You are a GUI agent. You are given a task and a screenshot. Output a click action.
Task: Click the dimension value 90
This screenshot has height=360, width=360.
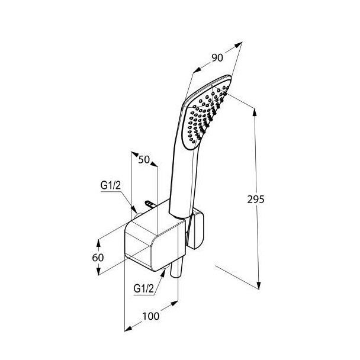point(217,57)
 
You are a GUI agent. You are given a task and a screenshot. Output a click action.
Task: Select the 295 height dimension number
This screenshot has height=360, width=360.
point(256,200)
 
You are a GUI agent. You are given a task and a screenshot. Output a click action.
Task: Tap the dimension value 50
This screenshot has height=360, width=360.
point(144,159)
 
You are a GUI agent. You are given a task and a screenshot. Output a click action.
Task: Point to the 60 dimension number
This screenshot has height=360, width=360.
point(98,258)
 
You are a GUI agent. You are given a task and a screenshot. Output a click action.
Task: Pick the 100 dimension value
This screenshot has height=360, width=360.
point(151,316)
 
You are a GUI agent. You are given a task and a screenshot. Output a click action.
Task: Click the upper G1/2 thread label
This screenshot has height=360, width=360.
point(111,185)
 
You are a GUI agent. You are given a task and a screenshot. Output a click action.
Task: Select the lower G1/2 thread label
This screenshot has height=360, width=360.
point(143,288)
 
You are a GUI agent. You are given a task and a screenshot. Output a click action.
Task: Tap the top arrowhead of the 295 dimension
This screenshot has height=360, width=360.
point(255,112)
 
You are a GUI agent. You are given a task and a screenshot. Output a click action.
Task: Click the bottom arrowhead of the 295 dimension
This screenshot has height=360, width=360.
point(259,285)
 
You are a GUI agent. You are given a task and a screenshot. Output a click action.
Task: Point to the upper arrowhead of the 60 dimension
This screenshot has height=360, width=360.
point(99,243)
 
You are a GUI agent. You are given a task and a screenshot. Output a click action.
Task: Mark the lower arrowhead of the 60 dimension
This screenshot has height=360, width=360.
point(99,271)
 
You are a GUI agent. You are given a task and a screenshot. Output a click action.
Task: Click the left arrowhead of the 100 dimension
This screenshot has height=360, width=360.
point(128,328)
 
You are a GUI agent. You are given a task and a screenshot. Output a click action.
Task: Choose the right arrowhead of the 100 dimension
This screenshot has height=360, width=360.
point(174,303)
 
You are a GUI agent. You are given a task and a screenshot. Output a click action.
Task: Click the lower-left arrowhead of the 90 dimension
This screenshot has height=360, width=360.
point(197,70)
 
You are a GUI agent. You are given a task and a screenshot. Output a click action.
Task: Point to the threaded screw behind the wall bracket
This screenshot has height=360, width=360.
point(151,204)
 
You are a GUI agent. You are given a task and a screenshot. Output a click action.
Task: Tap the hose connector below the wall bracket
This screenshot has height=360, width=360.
point(176,268)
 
